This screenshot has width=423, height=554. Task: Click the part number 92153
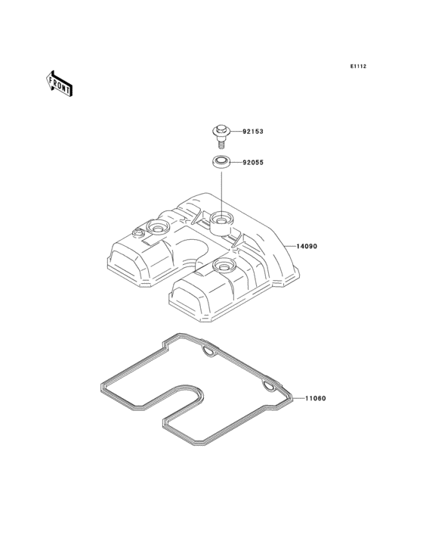click(253, 132)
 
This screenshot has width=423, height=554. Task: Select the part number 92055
click(253, 163)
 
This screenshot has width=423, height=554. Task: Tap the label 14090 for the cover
click(307, 246)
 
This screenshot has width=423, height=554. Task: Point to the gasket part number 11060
click(315, 399)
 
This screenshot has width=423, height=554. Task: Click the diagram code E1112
click(358, 66)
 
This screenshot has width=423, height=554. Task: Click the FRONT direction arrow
click(59, 83)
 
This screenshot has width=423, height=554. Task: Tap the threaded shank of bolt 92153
click(221, 143)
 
